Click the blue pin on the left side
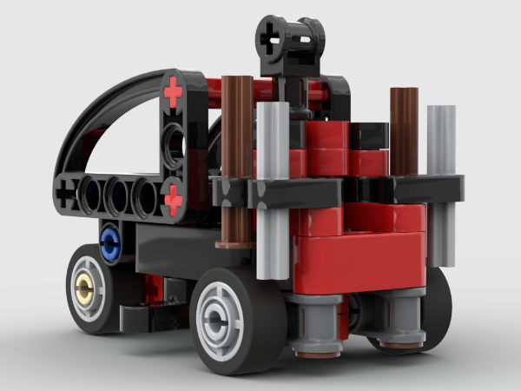(x=109, y=242)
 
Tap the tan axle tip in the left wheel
(x=84, y=288)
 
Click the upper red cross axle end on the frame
(x=174, y=90)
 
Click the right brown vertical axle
(x=404, y=130)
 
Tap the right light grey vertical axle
(x=442, y=182)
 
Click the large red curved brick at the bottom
(x=356, y=261)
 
